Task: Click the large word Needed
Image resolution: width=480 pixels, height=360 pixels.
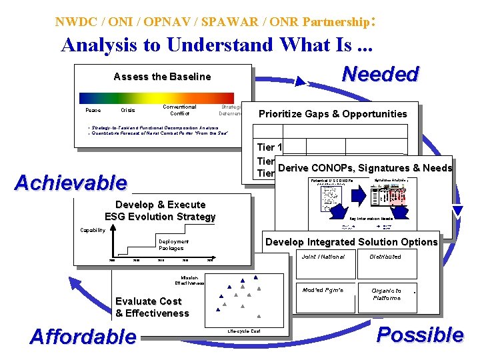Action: [379, 74]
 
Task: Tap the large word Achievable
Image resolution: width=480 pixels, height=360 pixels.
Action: [71, 182]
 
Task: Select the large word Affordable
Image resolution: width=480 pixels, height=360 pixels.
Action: [83, 336]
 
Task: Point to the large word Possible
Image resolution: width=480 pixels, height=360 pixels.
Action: [419, 334]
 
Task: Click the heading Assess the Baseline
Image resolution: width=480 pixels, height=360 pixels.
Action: [162, 77]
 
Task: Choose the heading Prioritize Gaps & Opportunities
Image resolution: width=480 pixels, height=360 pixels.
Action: [332, 114]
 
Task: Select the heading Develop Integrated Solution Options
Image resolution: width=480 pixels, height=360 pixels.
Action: [351, 242]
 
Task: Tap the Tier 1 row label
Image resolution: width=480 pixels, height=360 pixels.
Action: [270, 147]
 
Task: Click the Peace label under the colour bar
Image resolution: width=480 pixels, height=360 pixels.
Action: [93, 110]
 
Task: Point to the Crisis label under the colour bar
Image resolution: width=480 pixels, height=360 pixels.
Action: [127, 110]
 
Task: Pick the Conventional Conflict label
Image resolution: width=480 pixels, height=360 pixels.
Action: [179, 110]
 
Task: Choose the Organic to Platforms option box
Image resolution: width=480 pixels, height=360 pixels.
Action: [386, 294]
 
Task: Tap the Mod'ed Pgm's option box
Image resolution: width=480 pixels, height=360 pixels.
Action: [323, 291]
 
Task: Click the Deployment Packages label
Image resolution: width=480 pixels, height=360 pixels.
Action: [173, 245]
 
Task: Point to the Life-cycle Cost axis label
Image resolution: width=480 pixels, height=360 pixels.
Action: [244, 331]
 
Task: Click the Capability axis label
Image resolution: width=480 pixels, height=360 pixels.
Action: [93, 230]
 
